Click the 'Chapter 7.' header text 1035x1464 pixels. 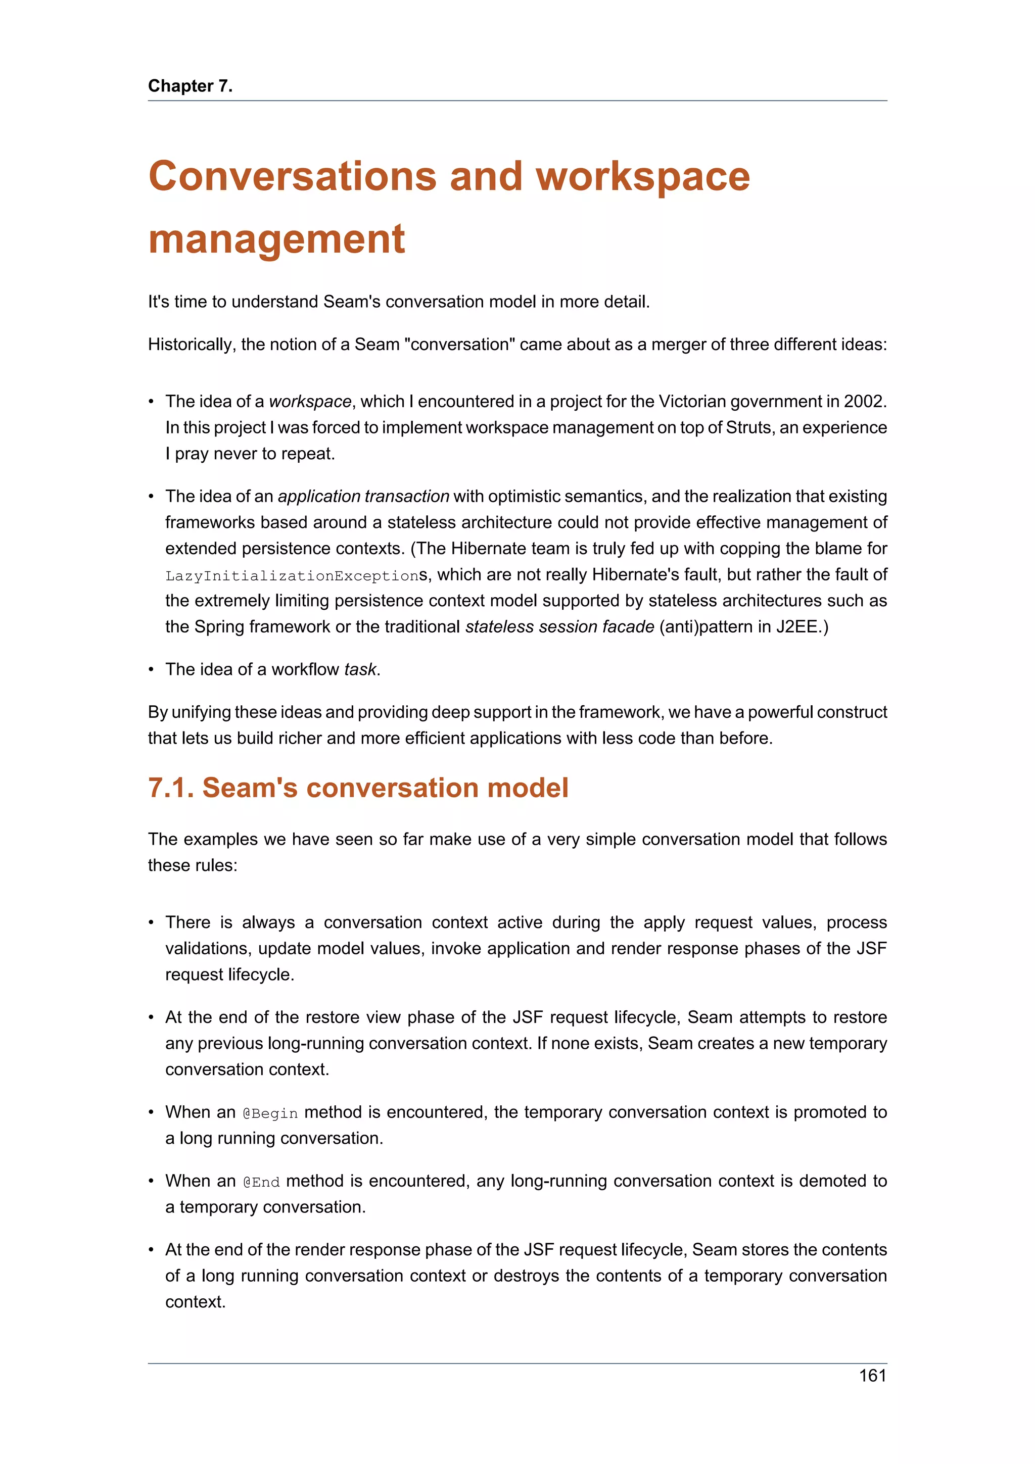[x=190, y=85]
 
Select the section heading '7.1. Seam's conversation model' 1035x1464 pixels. [x=358, y=788]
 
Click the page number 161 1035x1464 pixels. [x=872, y=1376]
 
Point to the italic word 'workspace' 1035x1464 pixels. [x=310, y=401]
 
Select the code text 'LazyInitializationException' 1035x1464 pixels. [x=292, y=576]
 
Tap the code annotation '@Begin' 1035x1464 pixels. [x=270, y=1113]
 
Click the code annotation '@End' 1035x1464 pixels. [x=261, y=1182]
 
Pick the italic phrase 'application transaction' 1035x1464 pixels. [x=363, y=496]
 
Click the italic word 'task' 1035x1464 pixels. [x=360, y=669]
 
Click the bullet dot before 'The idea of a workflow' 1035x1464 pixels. [x=151, y=669]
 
